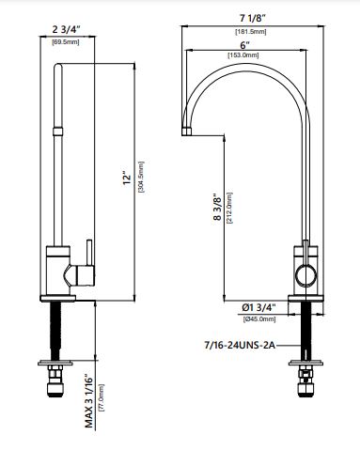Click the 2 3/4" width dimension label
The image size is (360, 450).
(67, 29)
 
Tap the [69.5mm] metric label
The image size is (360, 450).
(66, 42)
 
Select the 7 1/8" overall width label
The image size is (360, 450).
(253, 18)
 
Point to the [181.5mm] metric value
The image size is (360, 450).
(251, 32)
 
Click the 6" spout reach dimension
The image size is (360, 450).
(244, 45)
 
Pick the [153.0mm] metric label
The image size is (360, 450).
(243, 55)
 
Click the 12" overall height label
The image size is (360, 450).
(127, 178)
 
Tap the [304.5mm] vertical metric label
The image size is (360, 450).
(141, 177)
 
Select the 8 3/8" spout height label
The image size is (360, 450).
(218, 208)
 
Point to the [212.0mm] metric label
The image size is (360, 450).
(229, 208)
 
